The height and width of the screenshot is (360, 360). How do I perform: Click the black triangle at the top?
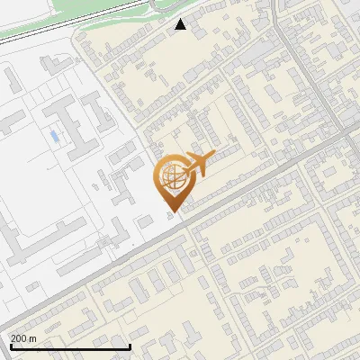(181, 24)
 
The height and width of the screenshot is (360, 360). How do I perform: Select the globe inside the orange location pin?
(171, 175)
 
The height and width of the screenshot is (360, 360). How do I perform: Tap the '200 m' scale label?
(24, 338)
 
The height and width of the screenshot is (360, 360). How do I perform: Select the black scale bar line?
(70, 346)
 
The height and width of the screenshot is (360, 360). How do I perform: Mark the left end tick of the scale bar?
(10, 345)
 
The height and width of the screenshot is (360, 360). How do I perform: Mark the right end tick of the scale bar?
(130, 345)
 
